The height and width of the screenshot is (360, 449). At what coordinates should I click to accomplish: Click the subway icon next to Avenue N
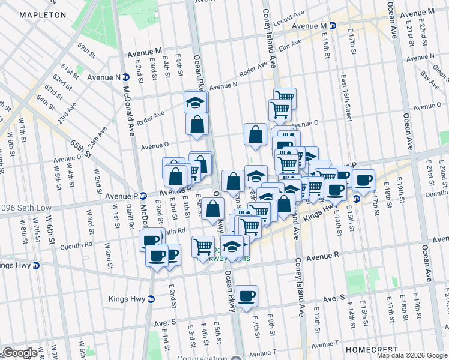tap(127, 77)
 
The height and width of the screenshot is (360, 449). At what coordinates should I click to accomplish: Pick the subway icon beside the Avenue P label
tap(144, 196)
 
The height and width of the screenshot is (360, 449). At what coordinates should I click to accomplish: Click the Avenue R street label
tap(323, 255)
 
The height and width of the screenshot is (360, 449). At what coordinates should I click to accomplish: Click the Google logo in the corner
tap(20, 353)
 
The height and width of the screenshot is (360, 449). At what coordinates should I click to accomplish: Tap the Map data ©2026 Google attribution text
tap(412, 355)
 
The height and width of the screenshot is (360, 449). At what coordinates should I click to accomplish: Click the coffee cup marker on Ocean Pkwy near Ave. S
tap(246, 296)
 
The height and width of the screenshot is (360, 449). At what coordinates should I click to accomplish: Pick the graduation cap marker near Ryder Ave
tap(195, 102)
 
